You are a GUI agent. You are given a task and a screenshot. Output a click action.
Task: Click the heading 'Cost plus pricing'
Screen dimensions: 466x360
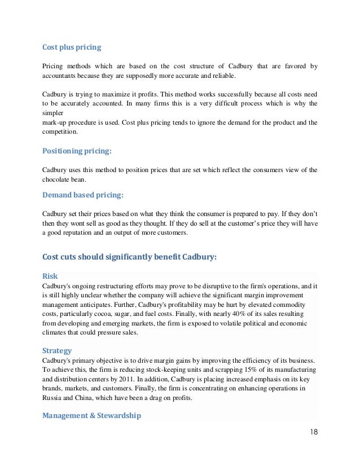coord(72,47)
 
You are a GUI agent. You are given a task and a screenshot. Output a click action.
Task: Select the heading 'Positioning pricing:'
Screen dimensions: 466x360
coord(77,151)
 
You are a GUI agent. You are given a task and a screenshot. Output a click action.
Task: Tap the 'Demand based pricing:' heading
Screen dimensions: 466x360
coord(82,195)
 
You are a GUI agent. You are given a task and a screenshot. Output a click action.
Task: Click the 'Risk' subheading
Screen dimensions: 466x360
coord(50,276)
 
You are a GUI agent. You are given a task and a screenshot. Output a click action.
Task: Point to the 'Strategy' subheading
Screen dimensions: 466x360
coord(57,350)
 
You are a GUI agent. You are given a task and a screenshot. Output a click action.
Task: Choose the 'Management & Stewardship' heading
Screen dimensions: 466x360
coord(91,415)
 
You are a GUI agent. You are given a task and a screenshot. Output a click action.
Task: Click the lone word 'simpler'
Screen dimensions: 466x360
coord(54,113)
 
